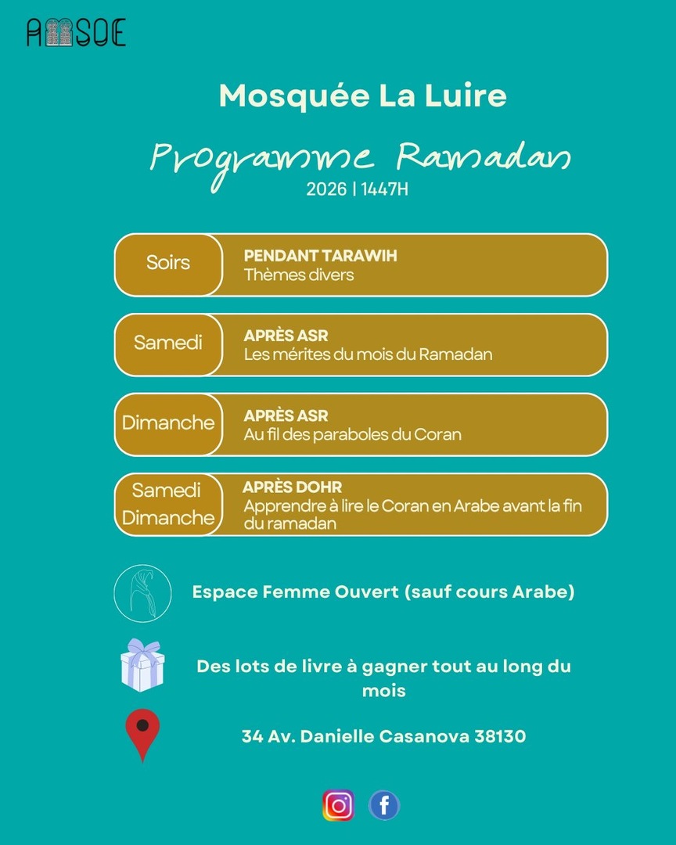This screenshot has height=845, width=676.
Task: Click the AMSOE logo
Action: tap(76, 32)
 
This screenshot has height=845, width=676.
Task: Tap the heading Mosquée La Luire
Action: tap(363, 95)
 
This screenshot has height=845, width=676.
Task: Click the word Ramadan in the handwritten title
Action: tap(483, 156)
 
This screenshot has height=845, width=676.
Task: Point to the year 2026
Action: tap(326, 190)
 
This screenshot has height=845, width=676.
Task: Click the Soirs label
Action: tap(168, 263)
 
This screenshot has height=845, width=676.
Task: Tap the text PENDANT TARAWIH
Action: tap(320, 256)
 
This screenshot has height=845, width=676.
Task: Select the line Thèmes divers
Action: tap(299, 275)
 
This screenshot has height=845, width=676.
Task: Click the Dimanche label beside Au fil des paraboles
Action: tap(168, 423)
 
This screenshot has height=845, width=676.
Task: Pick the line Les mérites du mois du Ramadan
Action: tap(368, 354)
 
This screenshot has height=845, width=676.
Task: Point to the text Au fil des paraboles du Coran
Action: tap(352, 434)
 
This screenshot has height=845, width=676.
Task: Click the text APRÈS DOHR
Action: tap(293, 487)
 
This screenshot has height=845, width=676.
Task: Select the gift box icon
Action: tap(142, 666)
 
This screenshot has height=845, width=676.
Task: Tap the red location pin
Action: tap(142, 734)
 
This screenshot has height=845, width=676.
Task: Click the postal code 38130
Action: tap(500, 736)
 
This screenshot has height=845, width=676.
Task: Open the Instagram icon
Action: tap(338, 805)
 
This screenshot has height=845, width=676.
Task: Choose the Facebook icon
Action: tap(384, 805)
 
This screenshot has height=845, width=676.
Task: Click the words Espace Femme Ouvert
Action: tap(295, 592)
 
